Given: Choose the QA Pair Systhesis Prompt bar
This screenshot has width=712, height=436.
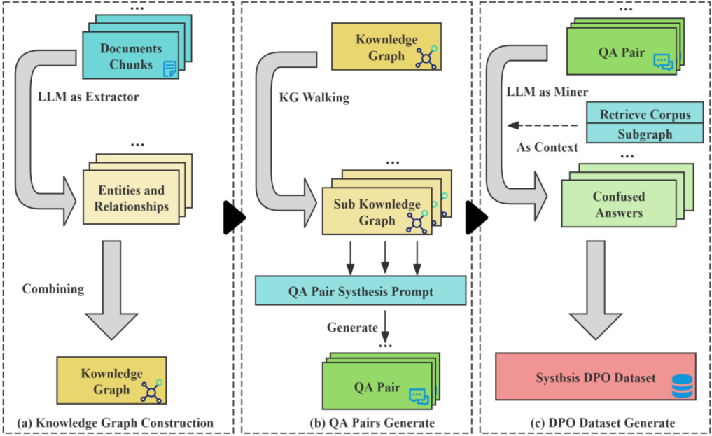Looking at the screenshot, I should pos(360,290).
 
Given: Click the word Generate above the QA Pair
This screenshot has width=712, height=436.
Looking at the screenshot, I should pos(352,327).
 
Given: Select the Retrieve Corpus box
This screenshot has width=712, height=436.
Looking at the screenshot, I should pos(645,115).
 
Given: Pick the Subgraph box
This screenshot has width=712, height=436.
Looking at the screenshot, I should pos(645,133).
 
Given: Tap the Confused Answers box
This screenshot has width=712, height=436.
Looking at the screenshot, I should pos(619,204).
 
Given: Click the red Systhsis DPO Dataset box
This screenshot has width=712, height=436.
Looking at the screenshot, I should pos(596,377).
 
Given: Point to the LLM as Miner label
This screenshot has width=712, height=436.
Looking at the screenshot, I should pos(547,92).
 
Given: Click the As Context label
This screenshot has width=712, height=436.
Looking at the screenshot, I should pos(546,148).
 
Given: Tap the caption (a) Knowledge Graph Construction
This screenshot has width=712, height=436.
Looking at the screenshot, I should pos(116,422).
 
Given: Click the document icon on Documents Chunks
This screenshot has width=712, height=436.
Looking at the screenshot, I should pos(170,68).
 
